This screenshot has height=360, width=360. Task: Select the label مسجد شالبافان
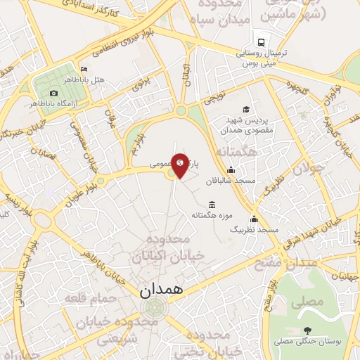point(235,181)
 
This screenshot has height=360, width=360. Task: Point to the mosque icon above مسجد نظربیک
point(254,219)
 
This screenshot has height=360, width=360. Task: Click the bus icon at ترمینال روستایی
point(262,42)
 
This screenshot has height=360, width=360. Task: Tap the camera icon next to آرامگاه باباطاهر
point(53,93)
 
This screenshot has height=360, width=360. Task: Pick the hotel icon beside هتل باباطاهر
point(84,70)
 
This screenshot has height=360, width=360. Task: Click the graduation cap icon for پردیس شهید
point(246,109)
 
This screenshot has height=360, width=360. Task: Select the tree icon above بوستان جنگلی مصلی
point(307,330)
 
